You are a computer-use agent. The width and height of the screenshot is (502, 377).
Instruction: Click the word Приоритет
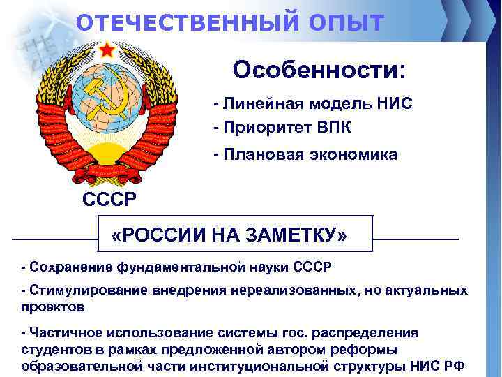tap(264, 127)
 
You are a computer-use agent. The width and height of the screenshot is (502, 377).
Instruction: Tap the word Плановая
tap(258, 154)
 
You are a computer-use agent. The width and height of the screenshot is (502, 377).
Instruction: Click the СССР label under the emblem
tap(110, 200)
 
